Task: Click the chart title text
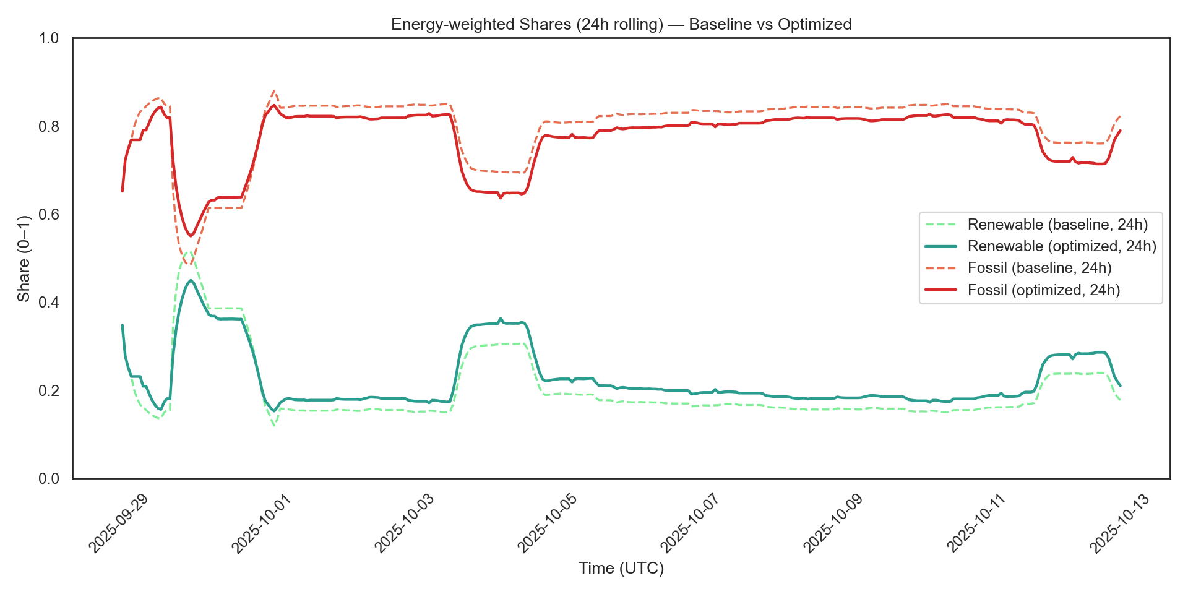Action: [621, 24]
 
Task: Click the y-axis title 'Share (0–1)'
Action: [24, 259]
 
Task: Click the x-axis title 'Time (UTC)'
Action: [621, 568]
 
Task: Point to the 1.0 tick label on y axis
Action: [49, 38]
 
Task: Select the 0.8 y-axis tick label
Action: [49, 127]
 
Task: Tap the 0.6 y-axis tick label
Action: [49, 215]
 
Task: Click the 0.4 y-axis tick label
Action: [49, 303]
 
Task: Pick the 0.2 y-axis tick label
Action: [49, 391]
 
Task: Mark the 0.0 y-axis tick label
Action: [49, 479]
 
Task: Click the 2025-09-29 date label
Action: [118, 523]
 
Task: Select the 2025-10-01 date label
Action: [261, 523]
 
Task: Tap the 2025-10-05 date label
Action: [547, 523]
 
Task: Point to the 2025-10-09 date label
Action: [833, 523]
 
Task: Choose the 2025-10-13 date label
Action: [1119, 523]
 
